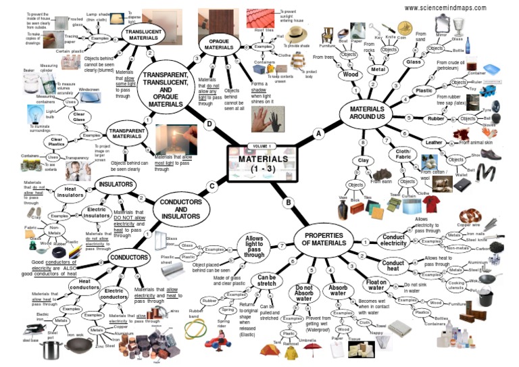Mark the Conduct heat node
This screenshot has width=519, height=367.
pyautogui.click(x=393, y=264)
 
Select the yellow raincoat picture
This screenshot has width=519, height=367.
pyautogui.click(x=291, y=352)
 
